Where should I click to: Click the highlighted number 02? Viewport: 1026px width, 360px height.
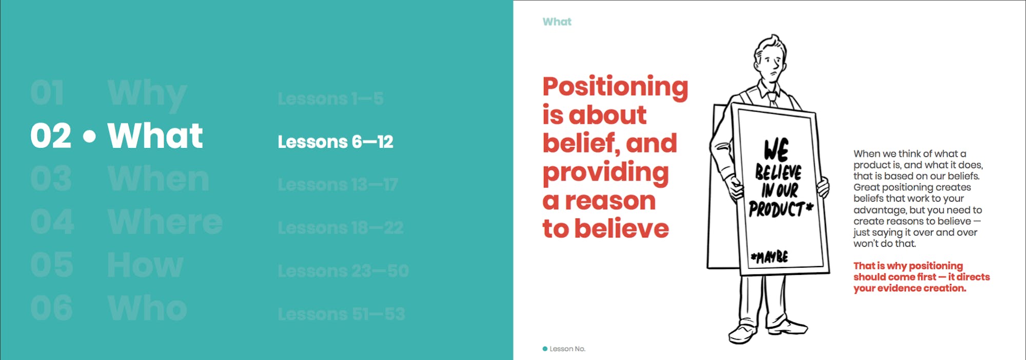pos(50,136)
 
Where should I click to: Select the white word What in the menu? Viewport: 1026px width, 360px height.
pos(155,136)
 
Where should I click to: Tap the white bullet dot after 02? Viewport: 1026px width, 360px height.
pos(89,137)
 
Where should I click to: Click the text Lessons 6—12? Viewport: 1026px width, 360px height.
pos(335,142)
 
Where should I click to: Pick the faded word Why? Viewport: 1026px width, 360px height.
pos(147,95)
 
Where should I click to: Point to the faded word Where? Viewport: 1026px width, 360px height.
pos(165,223)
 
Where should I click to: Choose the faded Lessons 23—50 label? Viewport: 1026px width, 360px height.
pos(343,271)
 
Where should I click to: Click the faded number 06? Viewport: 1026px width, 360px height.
pos(51,308)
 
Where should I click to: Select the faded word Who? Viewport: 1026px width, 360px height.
pos(147,308)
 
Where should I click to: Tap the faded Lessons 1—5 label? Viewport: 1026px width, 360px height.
pos(330,99)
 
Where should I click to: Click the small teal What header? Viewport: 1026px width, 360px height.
pos(557,22)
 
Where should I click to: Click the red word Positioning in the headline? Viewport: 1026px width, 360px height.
pos(615,87)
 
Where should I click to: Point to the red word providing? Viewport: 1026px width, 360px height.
pos(605,173)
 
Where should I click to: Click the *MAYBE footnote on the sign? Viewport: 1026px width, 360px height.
pos(769,256)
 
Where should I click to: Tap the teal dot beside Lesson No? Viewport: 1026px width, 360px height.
pos(545,349)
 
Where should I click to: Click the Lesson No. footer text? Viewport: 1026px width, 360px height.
pos(567,349)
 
